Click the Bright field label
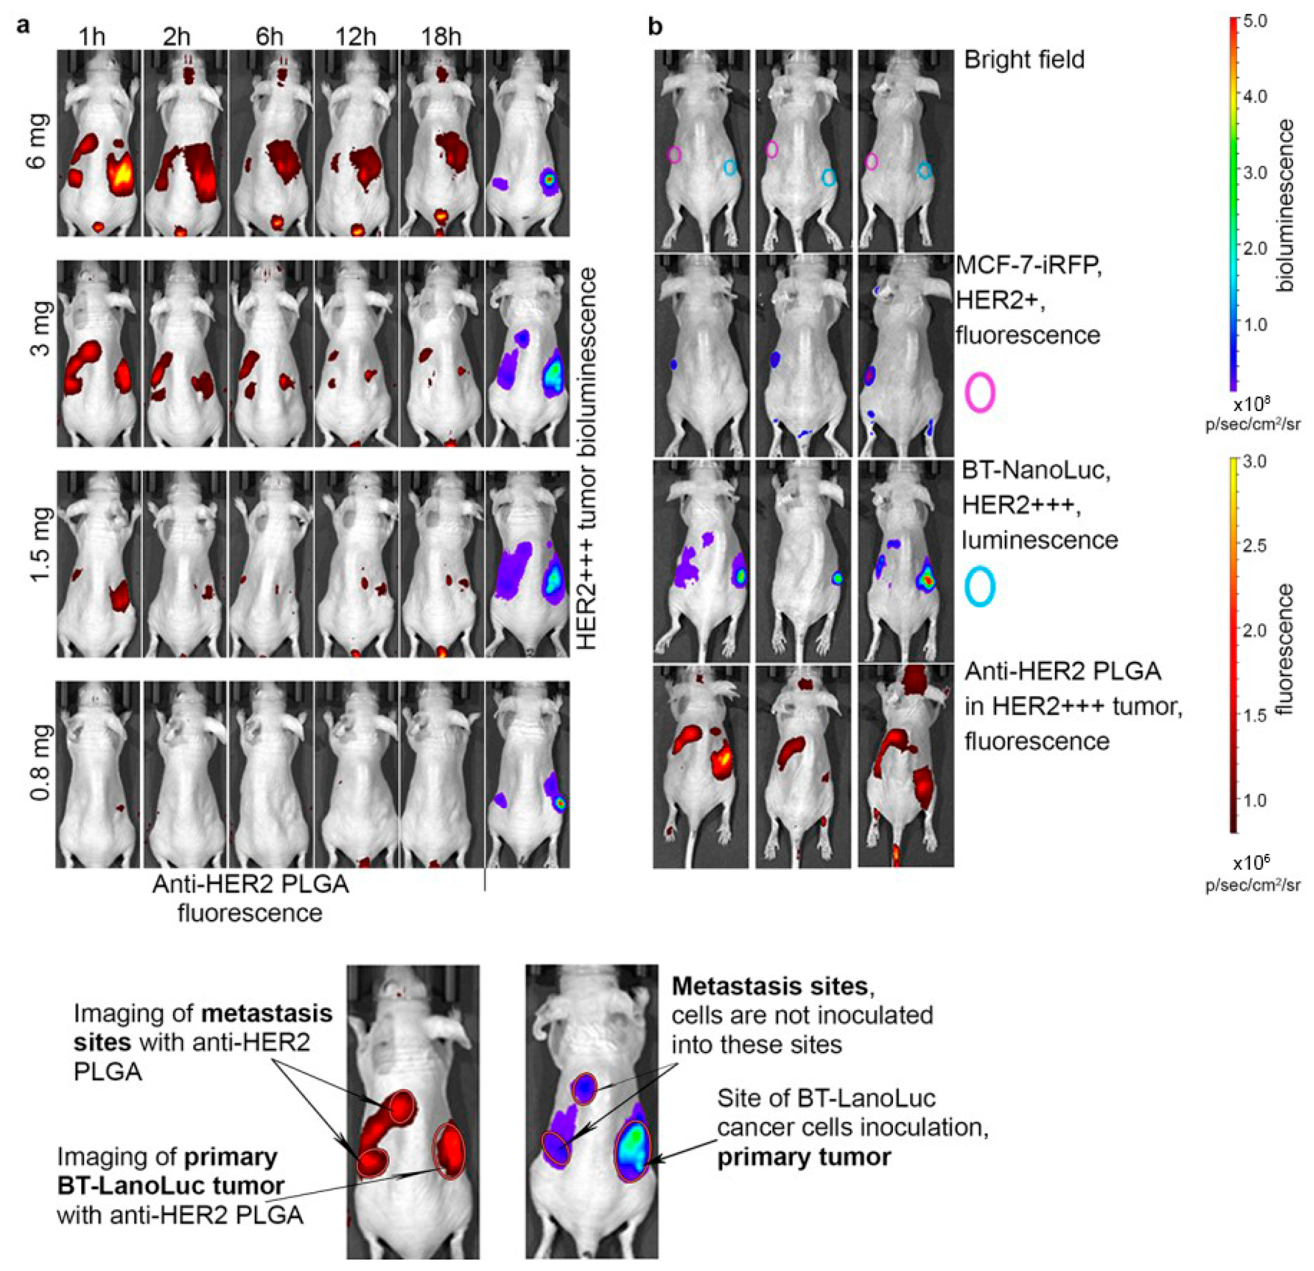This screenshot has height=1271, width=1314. click(x=1024, y=60)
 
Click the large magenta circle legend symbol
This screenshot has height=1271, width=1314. click(x=980, y=393)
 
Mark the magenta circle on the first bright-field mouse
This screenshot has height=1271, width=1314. click(x=675, y=155)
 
